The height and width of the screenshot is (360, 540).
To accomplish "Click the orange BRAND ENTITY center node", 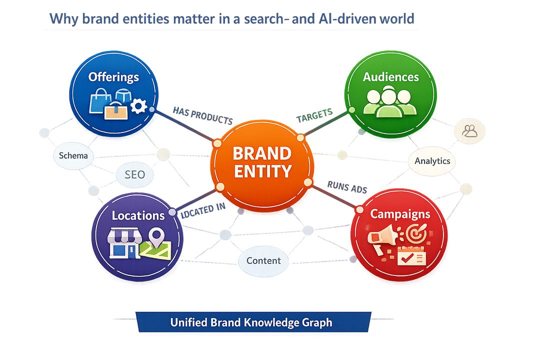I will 262,162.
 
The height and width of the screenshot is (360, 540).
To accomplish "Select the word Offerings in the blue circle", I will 113,77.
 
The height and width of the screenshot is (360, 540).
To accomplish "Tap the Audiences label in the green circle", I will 390,77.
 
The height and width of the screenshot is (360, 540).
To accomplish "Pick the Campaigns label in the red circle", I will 399,214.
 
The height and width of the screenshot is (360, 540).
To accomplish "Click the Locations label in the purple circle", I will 138,215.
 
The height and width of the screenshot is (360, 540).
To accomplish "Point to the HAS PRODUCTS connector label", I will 202,115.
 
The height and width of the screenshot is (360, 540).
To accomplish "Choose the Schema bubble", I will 73,155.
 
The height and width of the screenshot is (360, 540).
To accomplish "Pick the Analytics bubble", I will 432,161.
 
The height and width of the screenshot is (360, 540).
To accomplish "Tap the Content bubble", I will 263,260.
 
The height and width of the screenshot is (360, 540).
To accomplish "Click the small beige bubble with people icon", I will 469,131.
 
